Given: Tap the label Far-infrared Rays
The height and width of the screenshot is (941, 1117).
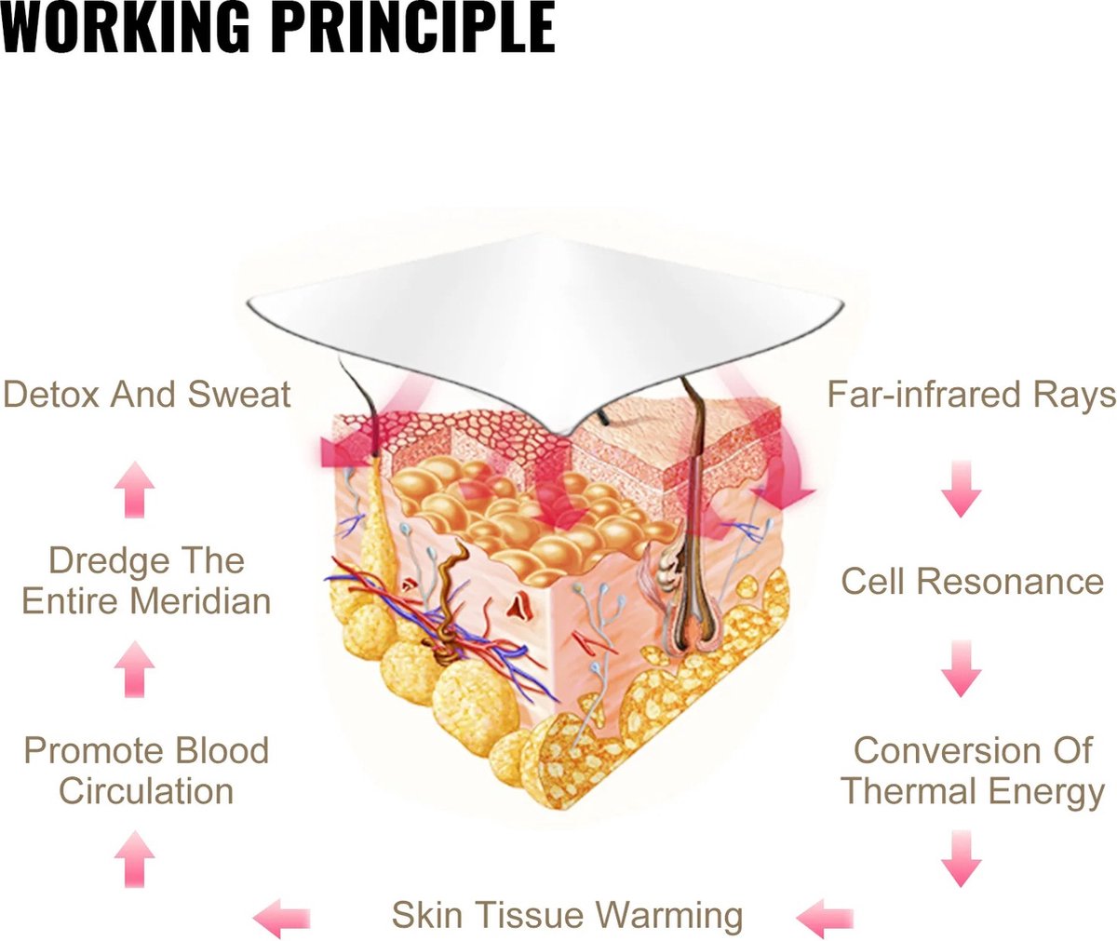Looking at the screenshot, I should coord(971,395).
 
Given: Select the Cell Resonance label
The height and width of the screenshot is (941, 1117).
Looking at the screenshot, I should coord(972,582).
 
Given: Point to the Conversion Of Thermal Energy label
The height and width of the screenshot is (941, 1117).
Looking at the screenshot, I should coord(973,771).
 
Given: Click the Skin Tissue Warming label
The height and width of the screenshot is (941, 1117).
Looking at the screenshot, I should coord(567,915).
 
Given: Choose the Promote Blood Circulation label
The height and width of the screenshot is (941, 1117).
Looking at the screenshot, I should coord(146,771).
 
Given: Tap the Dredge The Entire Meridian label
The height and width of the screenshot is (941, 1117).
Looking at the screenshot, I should coord(146,581).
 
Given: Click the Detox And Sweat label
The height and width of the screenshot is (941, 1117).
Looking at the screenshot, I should coord(146,395).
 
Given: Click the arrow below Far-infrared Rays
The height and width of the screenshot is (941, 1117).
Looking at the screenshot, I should coord(962,490).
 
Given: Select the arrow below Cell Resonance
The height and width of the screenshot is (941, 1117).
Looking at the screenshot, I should coord(962,668).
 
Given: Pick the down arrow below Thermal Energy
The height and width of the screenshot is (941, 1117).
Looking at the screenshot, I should coord(962,858).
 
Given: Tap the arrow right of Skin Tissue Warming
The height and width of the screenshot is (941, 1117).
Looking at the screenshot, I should coord(825,917).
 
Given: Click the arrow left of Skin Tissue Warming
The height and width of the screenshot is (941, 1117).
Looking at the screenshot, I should coord(282,917).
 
